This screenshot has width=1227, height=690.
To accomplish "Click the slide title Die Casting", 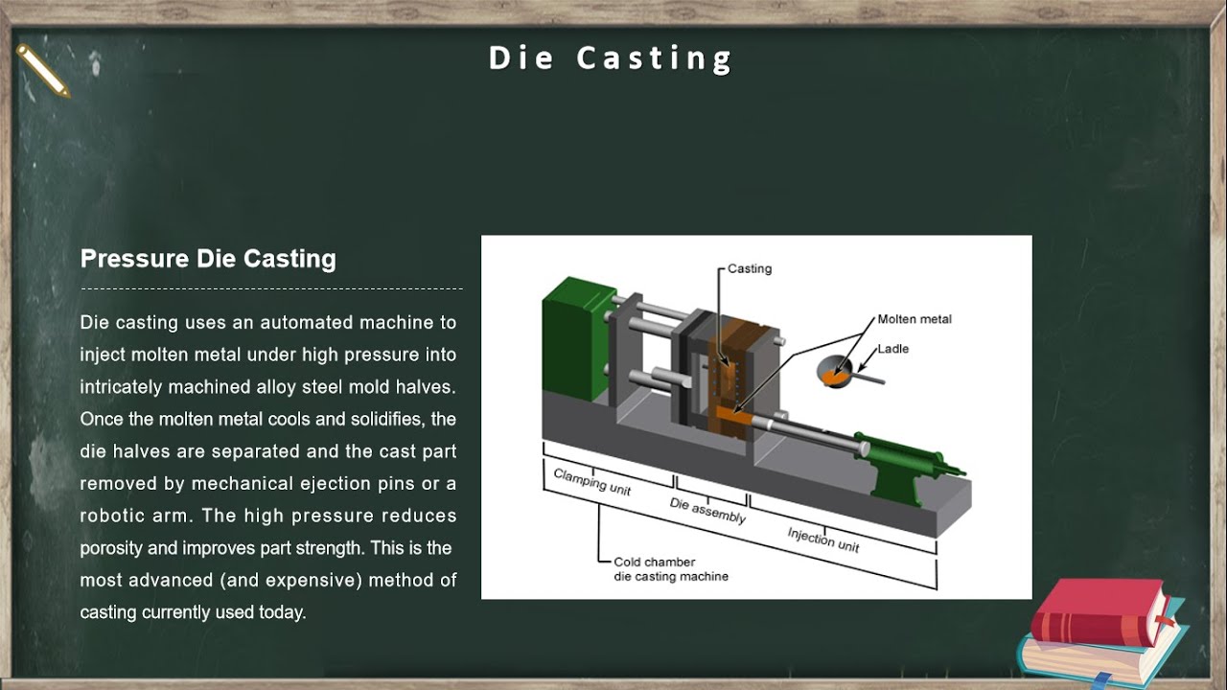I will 611,58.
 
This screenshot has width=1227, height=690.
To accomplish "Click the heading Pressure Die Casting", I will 208,259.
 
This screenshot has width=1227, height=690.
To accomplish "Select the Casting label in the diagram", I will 750,268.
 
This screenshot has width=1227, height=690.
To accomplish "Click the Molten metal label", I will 914,319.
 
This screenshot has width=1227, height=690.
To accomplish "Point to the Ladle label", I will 892,349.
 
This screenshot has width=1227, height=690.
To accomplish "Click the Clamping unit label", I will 592,482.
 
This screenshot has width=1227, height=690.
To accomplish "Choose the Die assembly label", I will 707,512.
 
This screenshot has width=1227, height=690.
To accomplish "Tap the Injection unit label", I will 823,540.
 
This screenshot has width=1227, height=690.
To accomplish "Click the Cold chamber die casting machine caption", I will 671,569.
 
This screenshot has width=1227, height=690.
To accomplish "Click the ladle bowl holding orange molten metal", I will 833,372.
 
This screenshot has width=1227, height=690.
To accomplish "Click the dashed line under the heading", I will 271,287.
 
